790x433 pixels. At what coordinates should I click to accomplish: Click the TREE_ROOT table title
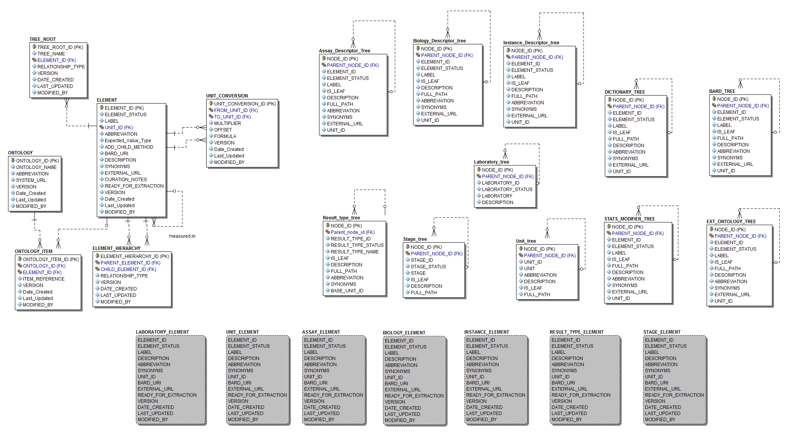42,39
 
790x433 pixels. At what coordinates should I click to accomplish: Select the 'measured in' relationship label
182,236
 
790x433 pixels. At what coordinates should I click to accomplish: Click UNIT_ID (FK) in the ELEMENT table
119,128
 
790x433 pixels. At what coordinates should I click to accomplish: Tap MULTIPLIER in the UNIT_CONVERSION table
227,123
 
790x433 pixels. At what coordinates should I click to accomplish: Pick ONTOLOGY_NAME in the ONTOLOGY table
36,167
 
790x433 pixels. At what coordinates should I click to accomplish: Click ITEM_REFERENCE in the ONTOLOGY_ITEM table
44,279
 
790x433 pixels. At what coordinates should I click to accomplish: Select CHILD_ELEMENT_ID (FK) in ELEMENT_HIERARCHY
128,269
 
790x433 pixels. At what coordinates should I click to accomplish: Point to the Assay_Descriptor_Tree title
344,51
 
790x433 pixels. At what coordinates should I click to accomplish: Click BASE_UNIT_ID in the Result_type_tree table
347,291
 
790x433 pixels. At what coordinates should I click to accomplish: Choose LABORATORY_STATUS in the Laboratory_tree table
507,190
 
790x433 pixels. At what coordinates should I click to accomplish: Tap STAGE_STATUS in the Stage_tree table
428,267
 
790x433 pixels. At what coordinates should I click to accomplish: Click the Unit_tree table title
526,241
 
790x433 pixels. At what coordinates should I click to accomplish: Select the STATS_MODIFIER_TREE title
629,219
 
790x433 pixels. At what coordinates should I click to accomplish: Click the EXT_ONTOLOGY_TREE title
731,222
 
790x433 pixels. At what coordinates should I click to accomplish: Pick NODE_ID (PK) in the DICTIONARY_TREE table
628,100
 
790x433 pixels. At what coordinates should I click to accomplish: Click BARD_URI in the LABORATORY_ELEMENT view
149,383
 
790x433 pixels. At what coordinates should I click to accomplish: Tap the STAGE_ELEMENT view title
661,332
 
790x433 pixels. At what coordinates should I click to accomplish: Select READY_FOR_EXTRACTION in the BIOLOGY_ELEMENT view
414,396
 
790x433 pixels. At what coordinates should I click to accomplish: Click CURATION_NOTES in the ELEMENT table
125,180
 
